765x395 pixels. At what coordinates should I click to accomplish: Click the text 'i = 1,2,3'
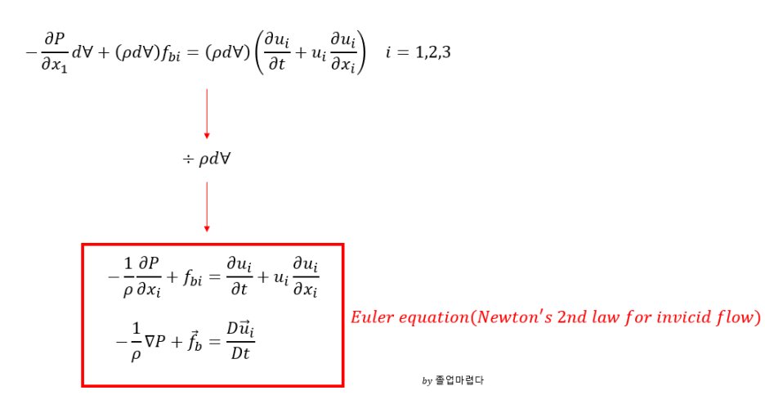pyautogui.click(x=418, y=53)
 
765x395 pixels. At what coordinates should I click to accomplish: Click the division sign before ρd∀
pyautogui.click(x=187, y=158)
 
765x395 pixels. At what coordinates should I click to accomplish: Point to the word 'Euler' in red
pyautogui.click(x=371, y=317)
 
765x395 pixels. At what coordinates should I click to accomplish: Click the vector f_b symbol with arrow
pyautogui.click(x=194, y=331)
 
